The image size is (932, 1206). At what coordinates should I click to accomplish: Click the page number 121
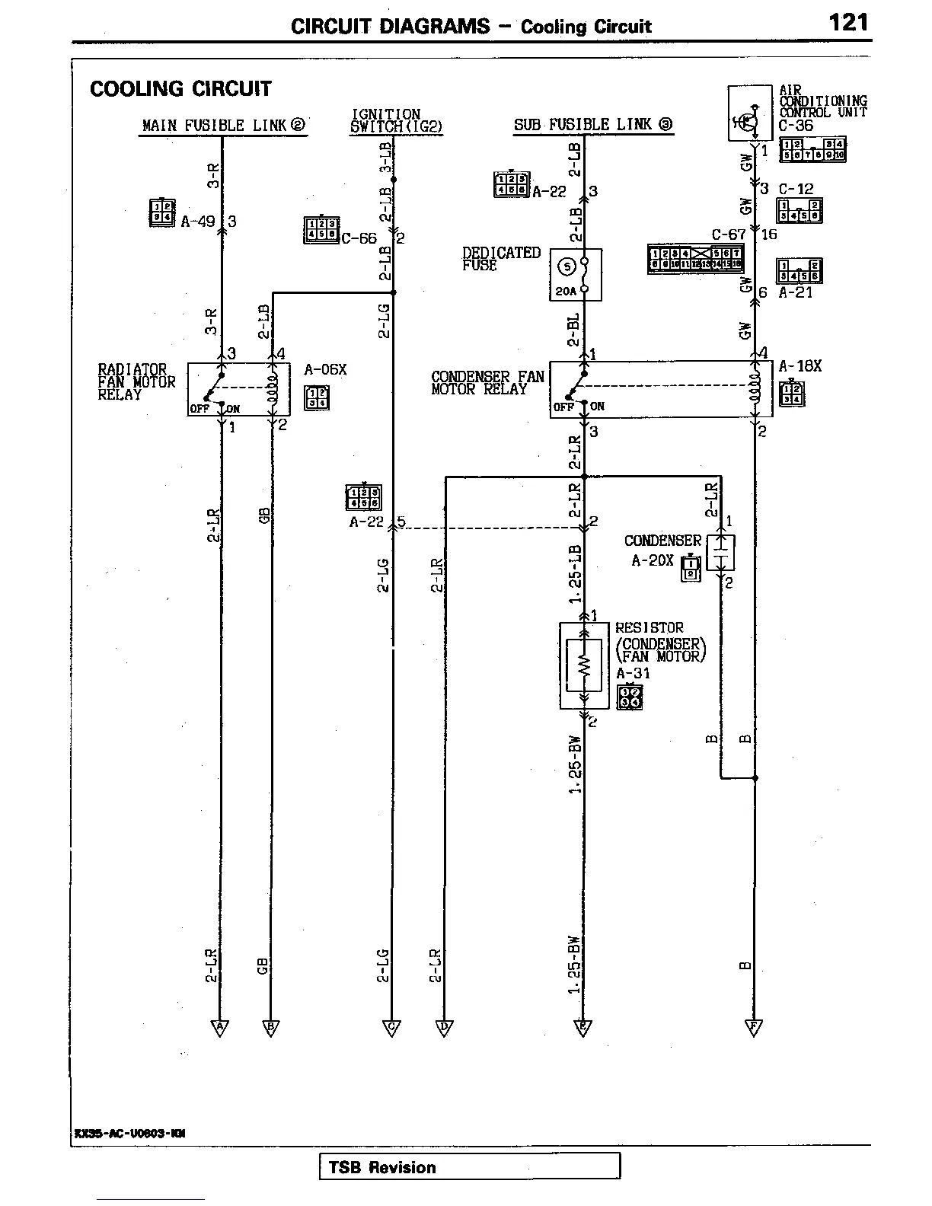848,22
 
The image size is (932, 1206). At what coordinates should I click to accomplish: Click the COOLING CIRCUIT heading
180,89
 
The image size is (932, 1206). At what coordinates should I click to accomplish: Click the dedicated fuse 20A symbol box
576,275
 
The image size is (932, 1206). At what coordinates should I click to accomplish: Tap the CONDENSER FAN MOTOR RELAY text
487,383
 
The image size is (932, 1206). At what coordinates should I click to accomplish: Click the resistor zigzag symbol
584,666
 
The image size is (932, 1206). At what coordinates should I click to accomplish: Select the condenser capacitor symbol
720,553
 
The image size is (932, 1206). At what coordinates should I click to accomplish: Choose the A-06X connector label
325,370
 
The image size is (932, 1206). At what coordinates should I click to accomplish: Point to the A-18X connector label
800,366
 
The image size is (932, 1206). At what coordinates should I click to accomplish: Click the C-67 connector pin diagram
694,259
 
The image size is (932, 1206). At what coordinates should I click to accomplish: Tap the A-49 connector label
198,222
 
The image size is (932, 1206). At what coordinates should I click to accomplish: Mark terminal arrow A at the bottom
220,1029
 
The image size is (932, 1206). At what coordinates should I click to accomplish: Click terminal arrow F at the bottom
754,1029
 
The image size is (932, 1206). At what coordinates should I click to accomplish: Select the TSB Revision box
469,1167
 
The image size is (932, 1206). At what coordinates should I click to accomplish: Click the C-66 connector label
359,238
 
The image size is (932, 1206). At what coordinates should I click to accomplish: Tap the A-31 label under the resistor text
633,673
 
